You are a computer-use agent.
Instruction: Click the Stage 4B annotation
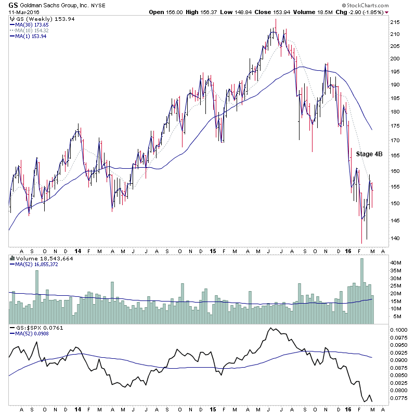tap(369, 154)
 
